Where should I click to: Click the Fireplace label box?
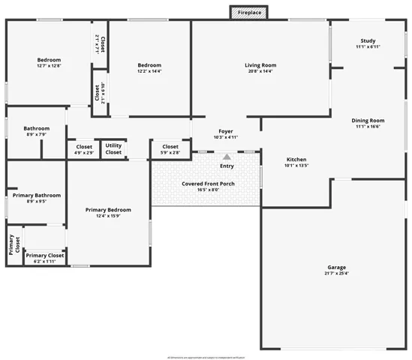[x=249, y=13]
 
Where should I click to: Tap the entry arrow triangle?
[x=227, y=156]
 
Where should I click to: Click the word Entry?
[x=227, y=166]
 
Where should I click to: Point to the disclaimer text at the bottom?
[x=206, y=356]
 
